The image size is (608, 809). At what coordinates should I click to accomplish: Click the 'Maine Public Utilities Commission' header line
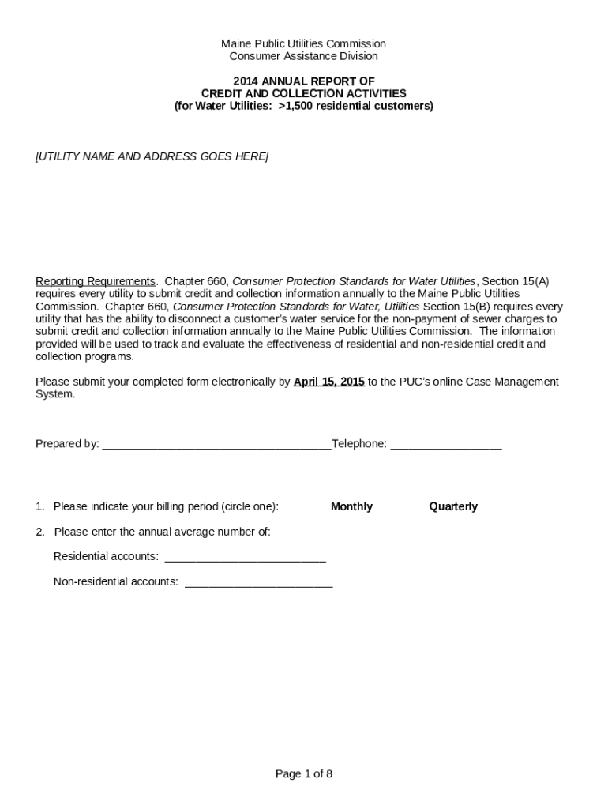303,43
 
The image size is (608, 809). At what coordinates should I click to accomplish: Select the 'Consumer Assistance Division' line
303,56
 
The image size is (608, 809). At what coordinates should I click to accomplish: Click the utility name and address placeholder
152,156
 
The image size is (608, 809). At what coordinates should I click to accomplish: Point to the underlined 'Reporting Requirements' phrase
96,281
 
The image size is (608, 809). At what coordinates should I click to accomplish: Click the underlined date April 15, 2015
328,382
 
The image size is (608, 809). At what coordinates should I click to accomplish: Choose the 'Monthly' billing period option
351,506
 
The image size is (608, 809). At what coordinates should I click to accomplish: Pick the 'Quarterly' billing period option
453,506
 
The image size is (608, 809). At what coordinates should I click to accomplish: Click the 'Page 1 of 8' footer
304,774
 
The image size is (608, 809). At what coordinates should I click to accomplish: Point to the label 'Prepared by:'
67,444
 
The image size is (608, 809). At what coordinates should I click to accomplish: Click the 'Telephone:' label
359,444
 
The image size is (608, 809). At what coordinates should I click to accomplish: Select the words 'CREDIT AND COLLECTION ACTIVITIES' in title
304,93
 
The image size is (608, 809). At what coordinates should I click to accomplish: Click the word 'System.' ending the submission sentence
55,394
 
